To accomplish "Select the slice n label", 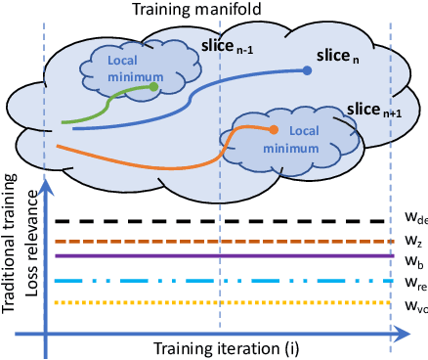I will click(x=340, y=59).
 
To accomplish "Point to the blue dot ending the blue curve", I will click(x=308, y=69).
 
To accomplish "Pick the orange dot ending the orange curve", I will click(x=273, y=130).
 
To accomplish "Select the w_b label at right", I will click(x=412, y=262).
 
